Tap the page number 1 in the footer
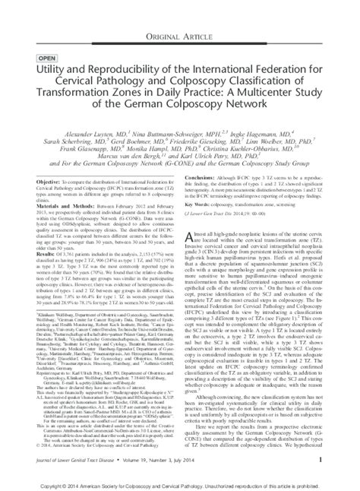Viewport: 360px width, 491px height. (323, 459)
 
